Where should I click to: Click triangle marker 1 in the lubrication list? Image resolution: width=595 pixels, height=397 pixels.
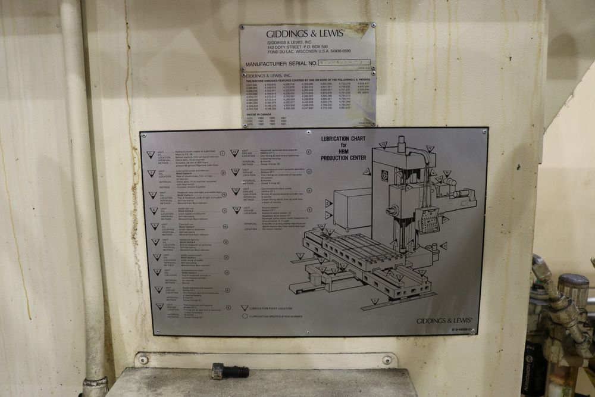pyautogui.click(x=151, y=155)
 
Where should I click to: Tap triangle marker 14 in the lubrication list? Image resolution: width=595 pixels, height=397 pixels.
pyautogui.click(x=236, y=210)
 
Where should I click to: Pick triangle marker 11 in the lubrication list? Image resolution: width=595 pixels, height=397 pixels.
pyautogui.click(x=235, y=152)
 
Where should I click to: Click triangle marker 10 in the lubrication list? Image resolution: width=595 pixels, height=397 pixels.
pyautogui.click(x=159, y=307)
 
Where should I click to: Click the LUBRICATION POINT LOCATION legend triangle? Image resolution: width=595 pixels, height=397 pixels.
pyautogui.click(x=244, y=308)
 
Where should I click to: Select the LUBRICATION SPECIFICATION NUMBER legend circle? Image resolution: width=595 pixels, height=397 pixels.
pyautogui.click(x=244, y=316)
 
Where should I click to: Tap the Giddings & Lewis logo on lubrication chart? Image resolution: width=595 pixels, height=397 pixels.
pyautogui.click(x=444, y=321)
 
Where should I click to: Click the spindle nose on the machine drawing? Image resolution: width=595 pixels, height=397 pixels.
pyautogui.click(x=390, y=210)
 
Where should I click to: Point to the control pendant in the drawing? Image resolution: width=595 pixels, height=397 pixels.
pyautogui.click(x=427, y=220)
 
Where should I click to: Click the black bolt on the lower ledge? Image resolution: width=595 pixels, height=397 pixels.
pyautogui.click(x=230, y=371)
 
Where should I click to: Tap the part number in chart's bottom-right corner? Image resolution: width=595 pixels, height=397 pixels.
pyautogui.click(x=462, y=329)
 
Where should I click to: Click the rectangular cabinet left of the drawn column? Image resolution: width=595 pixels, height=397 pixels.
pyautogui.click(x=352, y=209)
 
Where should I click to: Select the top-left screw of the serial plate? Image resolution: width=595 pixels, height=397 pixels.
pyautogui.click(x=242, y=26)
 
